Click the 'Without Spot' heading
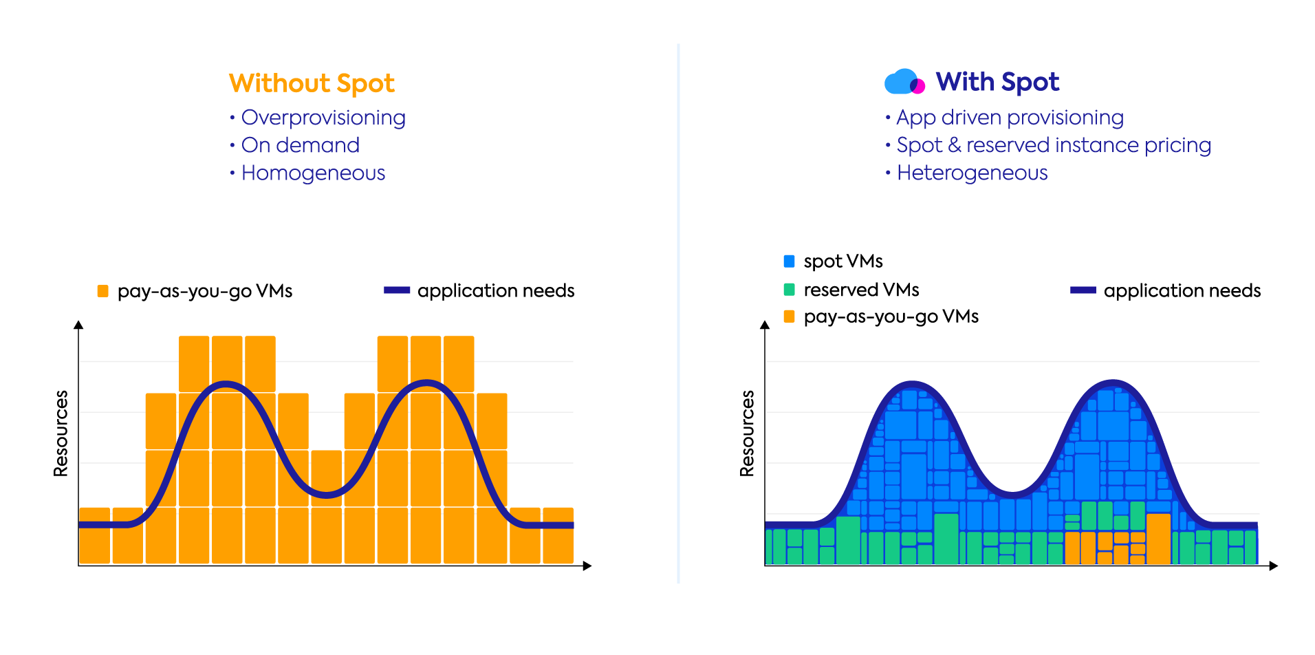point(312,83)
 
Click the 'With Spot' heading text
point(997,82)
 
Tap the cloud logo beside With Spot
point(904,82)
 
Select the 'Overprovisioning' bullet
point(323,118)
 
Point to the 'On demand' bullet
point(301,145)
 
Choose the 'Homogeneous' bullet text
point(314,173)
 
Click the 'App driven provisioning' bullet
point(1010,118)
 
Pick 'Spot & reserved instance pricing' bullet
point(1054,145)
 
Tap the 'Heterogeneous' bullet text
point(972,173)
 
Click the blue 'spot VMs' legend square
point(790,261)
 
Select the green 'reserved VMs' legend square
point(790,290)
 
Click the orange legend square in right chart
point(790,316)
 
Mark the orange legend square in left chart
point(103,291)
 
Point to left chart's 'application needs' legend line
point(397,290)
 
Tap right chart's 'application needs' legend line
point(1083,290)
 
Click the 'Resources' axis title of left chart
point(61,433)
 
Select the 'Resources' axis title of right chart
point(747,433)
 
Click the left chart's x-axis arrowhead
point(587,566)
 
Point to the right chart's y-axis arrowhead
point(765,325)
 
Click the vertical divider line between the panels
point(678,314)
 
